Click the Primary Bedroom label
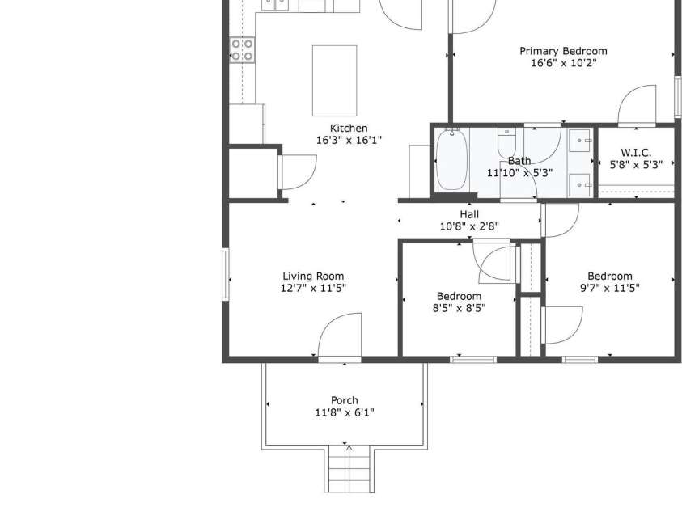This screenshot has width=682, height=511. (x=562, y=51)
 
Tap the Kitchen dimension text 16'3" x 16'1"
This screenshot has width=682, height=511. (x=348, y=140)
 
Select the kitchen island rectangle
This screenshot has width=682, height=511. (x=335, y=81)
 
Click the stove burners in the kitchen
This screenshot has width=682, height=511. (x=242, y=50)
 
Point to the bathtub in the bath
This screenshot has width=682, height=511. (x=451, y=160)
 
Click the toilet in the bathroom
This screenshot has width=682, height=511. (x=507, y=143)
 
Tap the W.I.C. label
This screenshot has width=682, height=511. (x=636, y=152)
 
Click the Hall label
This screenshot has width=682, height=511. (x=469, y=214)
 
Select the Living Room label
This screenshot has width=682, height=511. (x=313, y=276)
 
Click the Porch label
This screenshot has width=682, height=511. (x=344, y=400)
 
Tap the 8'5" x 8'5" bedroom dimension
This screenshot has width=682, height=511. (x=459, y=307)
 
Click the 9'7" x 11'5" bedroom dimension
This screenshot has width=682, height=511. (x=609, y=287)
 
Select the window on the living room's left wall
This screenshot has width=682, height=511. (x=227, y=275)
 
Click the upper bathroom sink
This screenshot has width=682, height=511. (x=581, y=141)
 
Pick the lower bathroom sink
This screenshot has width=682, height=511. (x=581, y=185)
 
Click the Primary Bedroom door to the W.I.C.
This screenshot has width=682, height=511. (x=637, y=105)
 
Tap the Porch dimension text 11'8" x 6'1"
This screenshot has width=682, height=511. (x=344, y=412)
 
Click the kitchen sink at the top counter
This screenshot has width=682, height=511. (x=275, y=5)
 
